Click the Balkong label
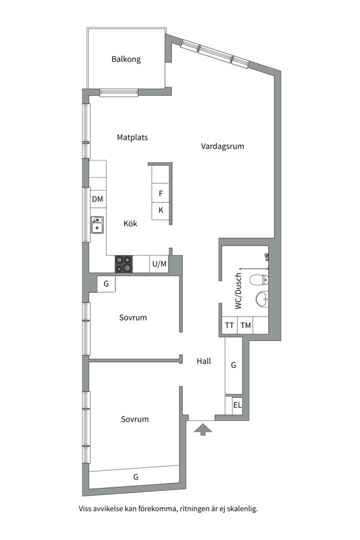[126, 59]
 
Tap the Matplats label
[132, 137]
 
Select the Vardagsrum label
[222, 146]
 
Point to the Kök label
[130, 223]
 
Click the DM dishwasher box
[97, 199]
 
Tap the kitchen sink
[97, 225]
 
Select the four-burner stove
[124, 264]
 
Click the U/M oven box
[159, 264]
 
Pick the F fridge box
[161, 193]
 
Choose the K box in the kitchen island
[161, 210]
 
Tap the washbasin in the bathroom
[261, 299]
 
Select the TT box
[229, 325]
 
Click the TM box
[245, 325]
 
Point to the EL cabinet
[237, 405]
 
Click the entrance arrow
[202, 429]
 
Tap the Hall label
[203, 361]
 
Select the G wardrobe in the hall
[233, 365]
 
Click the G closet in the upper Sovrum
[106, 284]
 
